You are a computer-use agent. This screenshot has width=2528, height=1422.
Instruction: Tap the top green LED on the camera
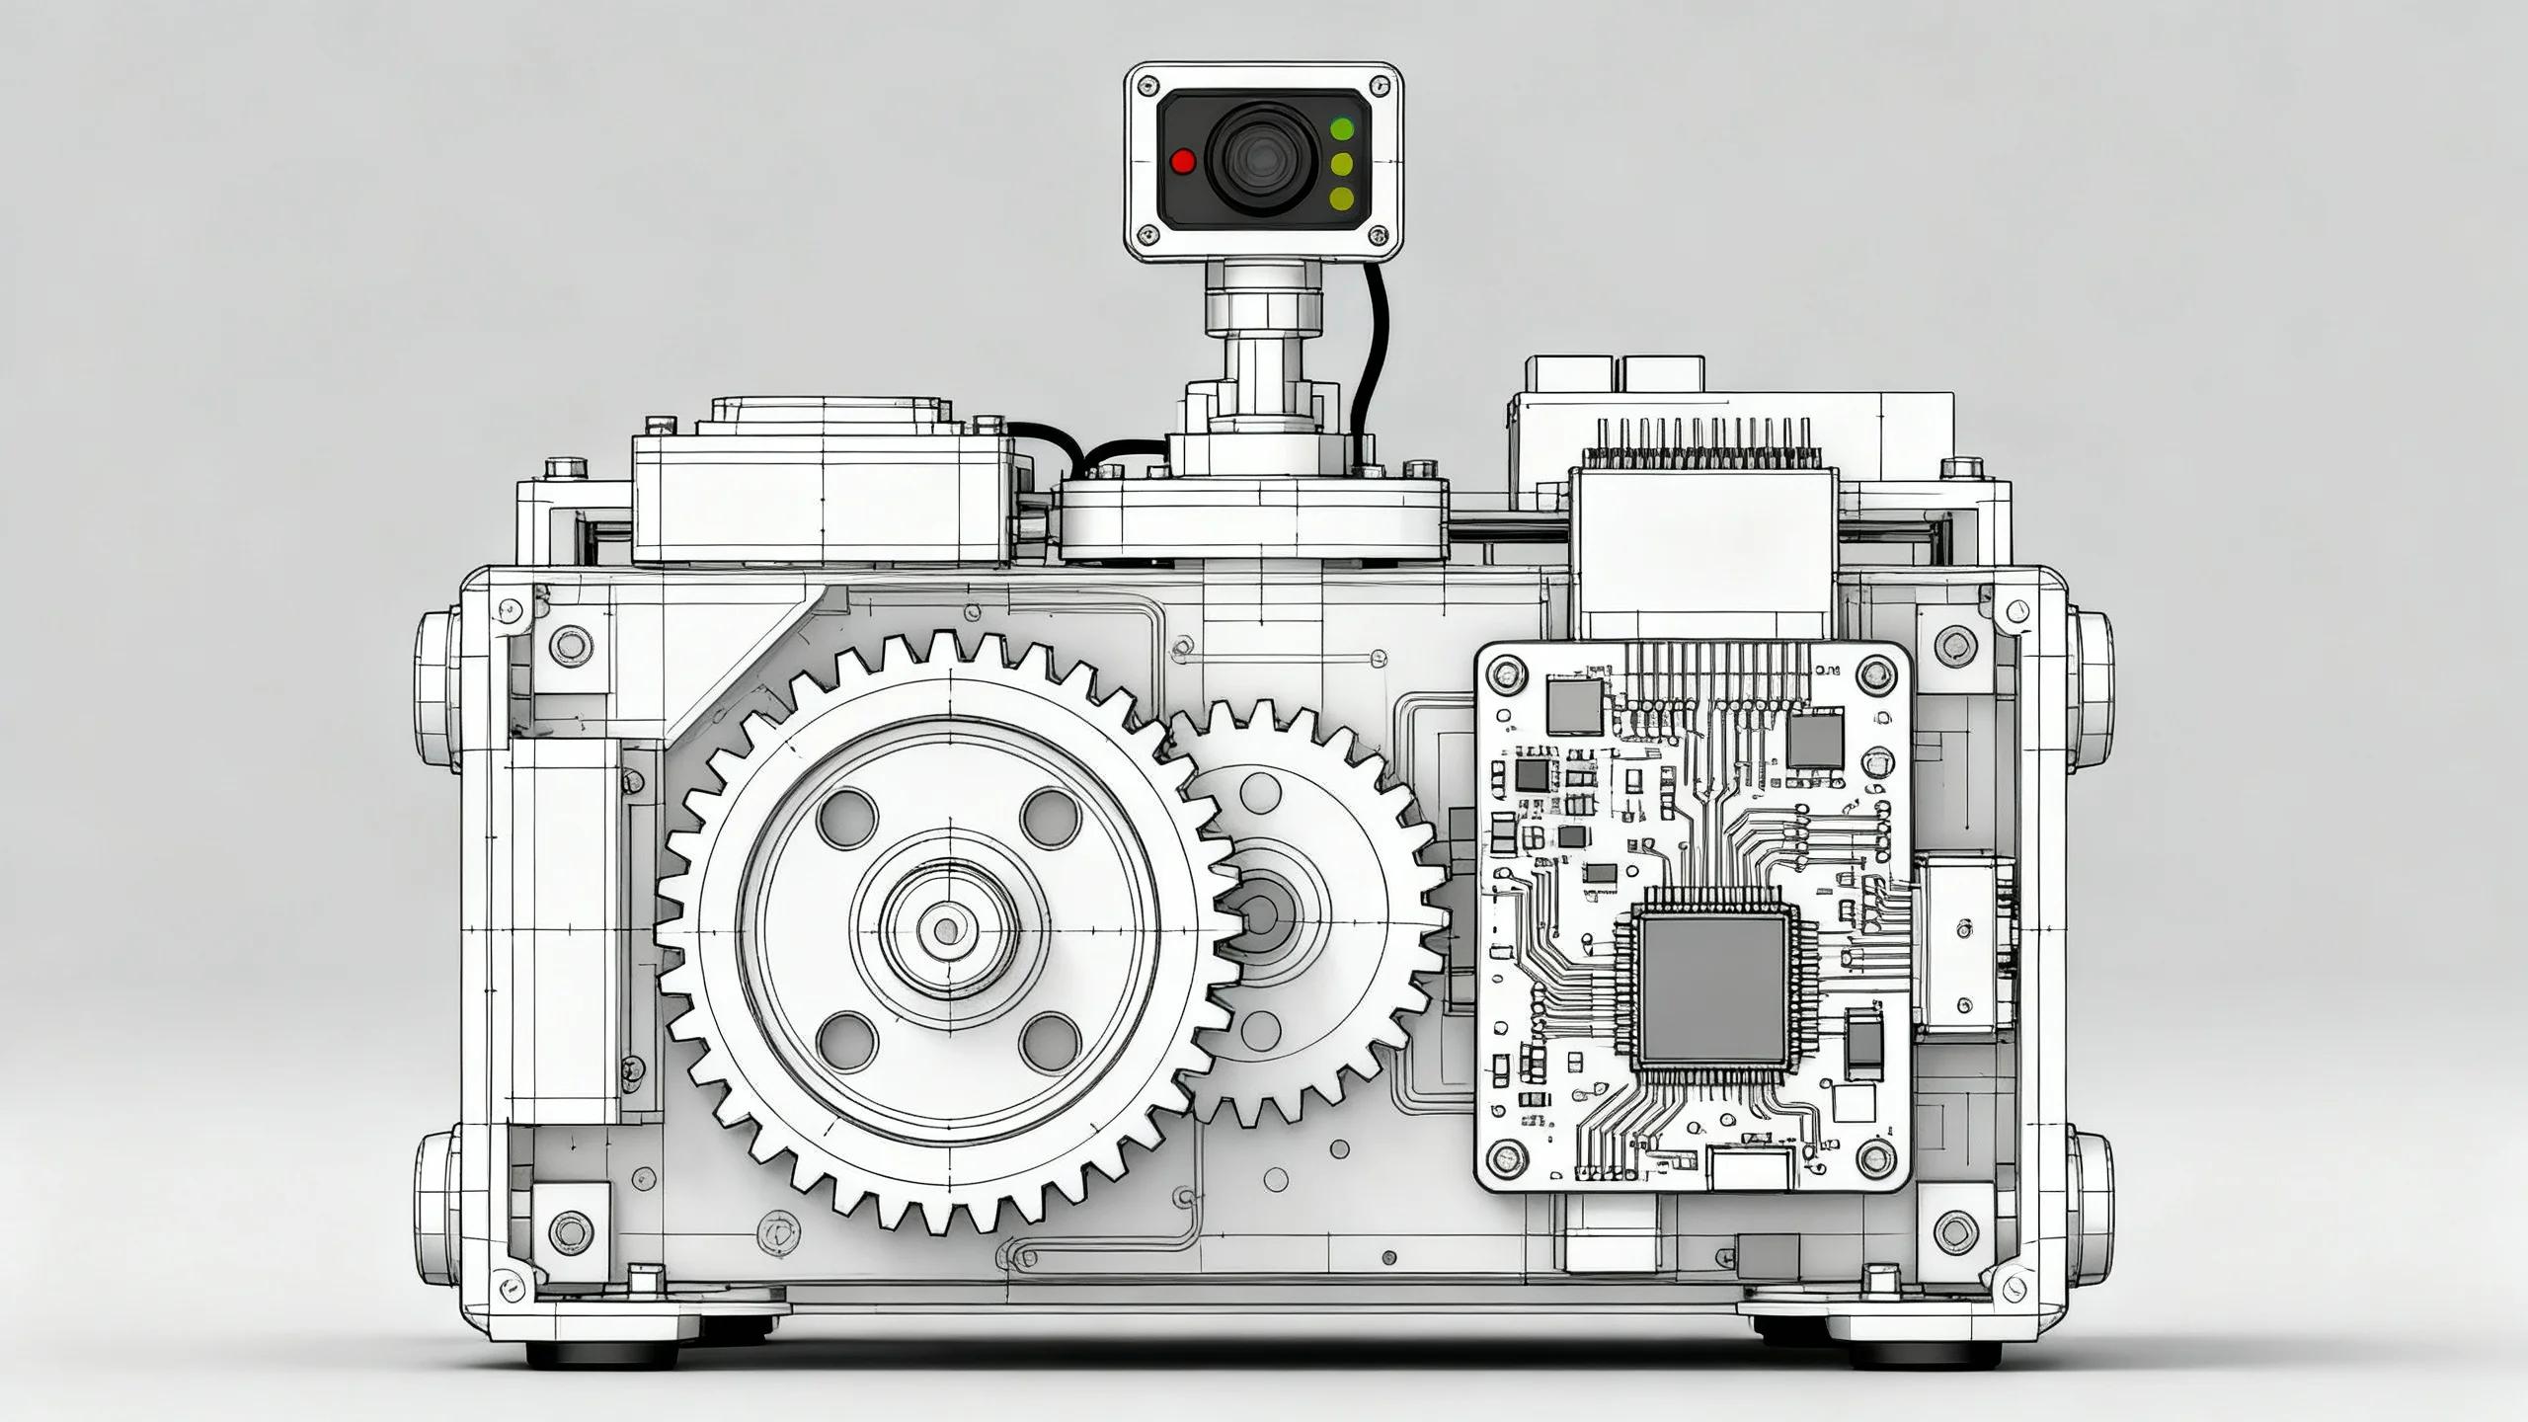[x=1342, y=128]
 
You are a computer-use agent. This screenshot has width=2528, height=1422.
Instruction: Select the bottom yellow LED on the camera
[x=1342, y=198]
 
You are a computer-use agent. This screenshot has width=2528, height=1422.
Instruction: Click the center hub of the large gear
[x=946, y=929]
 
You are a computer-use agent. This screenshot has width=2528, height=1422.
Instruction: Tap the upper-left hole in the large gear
[x=846, y=816]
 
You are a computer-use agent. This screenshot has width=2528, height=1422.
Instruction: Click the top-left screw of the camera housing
[x=1145, y=86]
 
